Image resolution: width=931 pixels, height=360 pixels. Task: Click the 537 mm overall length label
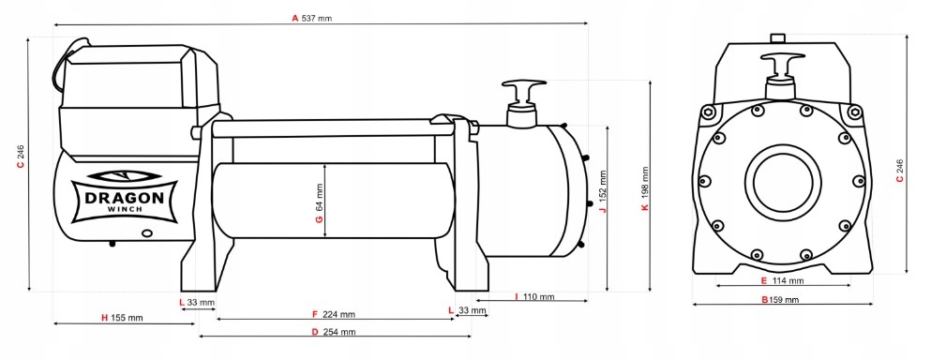coord(317,19)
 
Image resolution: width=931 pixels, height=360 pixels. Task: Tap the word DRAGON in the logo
coord(124,198)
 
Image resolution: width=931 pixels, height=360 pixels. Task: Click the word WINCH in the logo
coord(124,209)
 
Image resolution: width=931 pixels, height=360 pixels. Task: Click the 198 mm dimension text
coord(645,182)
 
